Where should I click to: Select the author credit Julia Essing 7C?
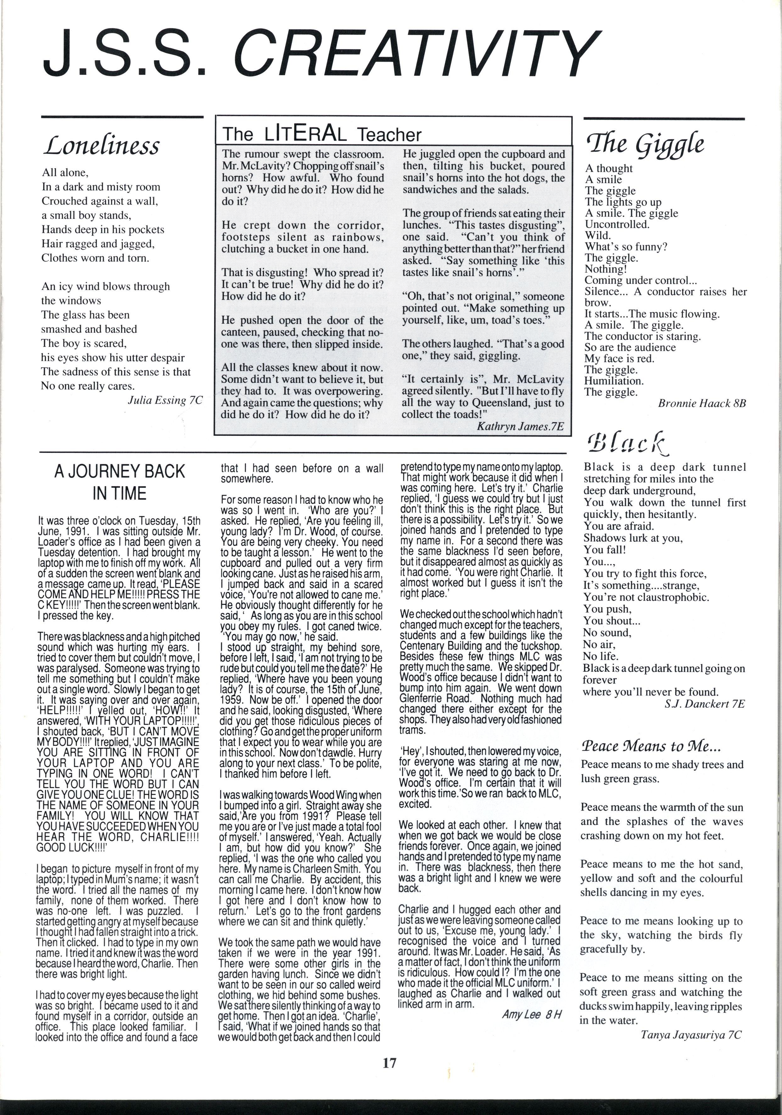click(x=165, y=401)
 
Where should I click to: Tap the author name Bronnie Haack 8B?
click(x=701, y=403)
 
